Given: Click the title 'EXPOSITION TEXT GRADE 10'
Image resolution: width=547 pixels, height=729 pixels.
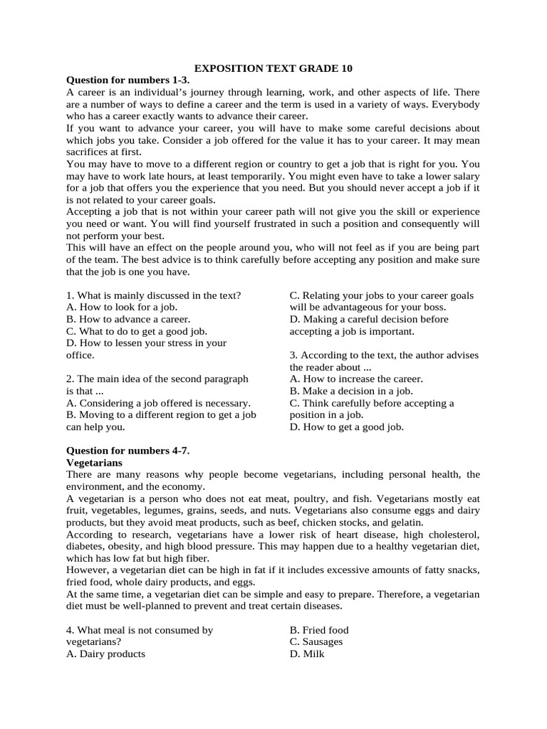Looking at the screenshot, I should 273,68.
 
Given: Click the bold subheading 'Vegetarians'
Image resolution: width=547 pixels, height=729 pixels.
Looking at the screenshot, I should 95,462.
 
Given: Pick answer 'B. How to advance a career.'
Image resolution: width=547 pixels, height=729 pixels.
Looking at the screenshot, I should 128,319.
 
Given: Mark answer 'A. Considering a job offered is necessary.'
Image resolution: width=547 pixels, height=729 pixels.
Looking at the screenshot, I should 158,403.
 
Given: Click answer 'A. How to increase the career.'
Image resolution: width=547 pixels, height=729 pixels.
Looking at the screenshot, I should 356,379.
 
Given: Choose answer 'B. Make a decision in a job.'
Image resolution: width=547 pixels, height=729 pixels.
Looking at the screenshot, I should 351,391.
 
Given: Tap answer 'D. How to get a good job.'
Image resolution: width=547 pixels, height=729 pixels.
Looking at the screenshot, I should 347,427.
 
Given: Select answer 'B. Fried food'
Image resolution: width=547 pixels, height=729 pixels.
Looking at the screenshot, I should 319,630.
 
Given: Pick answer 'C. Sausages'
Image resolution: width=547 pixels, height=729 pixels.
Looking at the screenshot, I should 316,641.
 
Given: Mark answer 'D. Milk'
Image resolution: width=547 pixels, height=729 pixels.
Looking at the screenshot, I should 307,654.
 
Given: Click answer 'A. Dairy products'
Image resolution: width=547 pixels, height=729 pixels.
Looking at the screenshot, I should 105,654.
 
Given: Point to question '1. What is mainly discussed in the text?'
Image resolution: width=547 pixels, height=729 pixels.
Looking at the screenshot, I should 153,295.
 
